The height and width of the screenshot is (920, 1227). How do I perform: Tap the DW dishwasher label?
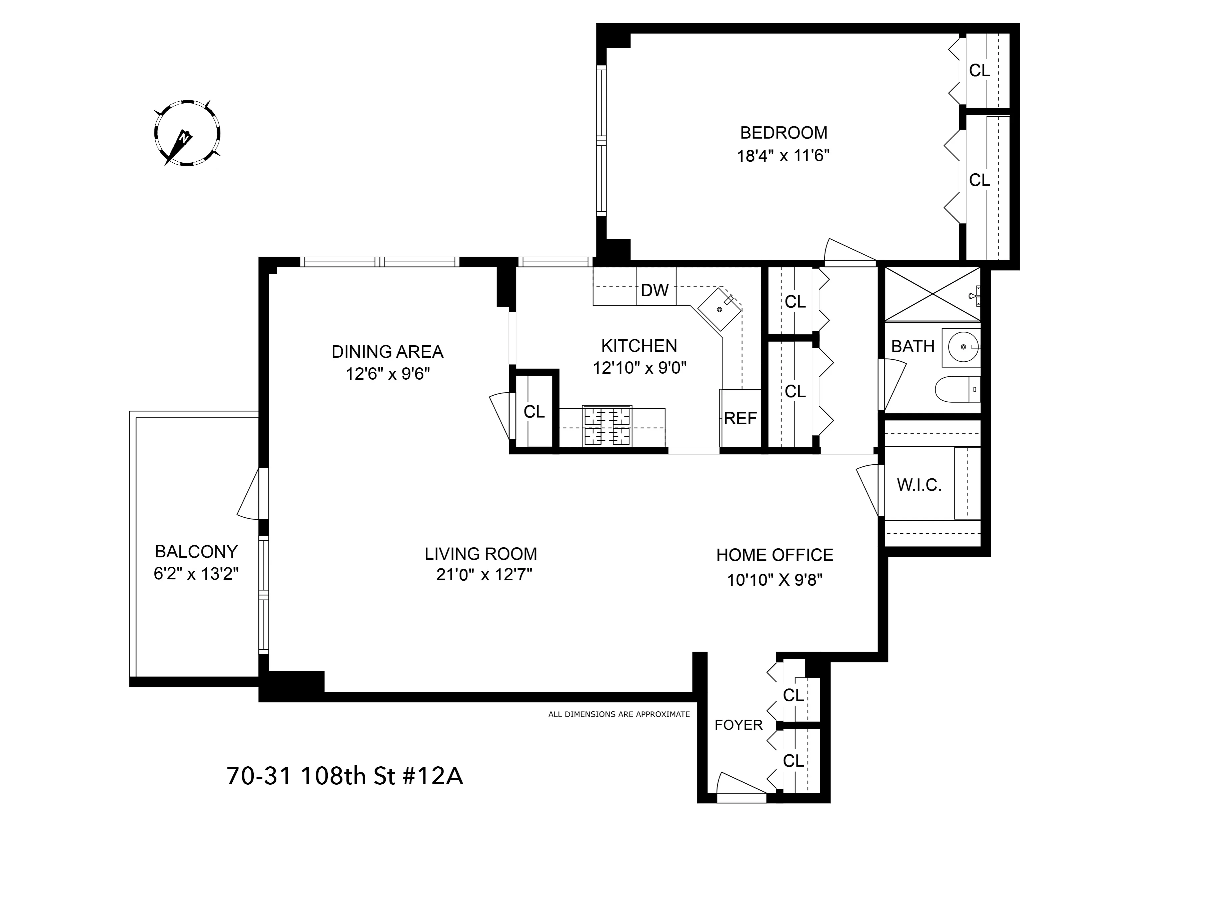655,290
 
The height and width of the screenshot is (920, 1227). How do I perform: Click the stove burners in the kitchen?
607,426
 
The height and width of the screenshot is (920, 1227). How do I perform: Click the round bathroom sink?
964,347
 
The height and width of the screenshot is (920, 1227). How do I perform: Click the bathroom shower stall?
932,294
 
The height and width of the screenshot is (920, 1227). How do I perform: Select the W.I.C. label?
919,485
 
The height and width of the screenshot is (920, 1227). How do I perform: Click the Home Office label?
774,555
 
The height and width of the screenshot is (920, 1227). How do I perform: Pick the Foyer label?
738,725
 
